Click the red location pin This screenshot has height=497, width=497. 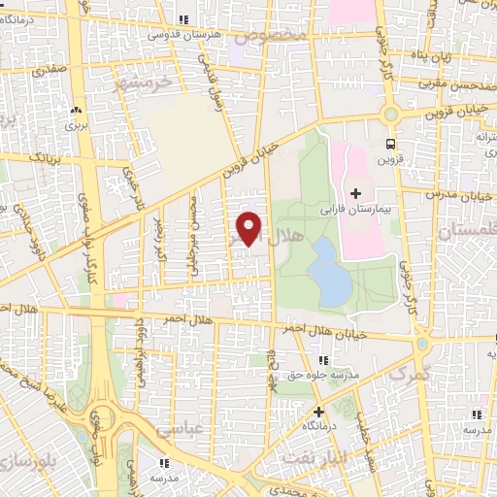click(x=249, y=227)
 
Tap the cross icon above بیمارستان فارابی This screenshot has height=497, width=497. click(x=355, y=194)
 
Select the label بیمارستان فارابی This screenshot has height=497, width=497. click(x=355, y=209)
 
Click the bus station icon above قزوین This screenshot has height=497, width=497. click(x=390, y=144)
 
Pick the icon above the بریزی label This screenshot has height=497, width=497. click(x=76, y=111)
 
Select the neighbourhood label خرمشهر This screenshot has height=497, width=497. click(x=142, y=83)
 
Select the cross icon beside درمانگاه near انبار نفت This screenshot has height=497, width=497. click(x=319, y=412)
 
